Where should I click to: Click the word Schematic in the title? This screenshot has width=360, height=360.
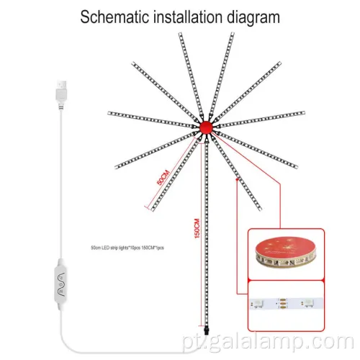[117, 17]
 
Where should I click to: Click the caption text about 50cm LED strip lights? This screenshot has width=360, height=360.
[133, 247]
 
